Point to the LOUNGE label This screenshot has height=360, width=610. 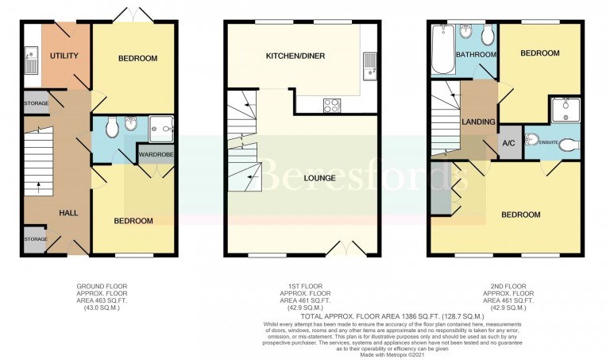pyautogui.click(x=318, y=178)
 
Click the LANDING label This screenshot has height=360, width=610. pyautogui.click(x=480, y=122)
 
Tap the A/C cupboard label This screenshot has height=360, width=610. pyautogui.click(x=508, y=144)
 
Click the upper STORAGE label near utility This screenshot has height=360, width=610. pyautogui.click(x=36, y=103)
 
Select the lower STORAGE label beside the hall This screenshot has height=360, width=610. pyautogui.click(x=36, y=238)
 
